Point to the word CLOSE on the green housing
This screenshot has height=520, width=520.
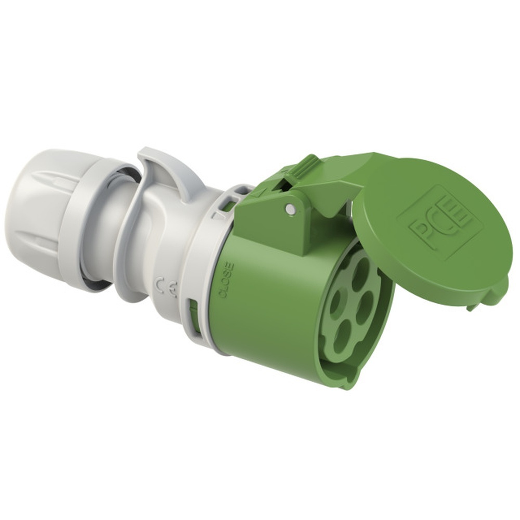(227, 279)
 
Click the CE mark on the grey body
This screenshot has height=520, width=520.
(167, 285)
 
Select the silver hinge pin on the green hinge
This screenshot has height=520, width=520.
(291, 210)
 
